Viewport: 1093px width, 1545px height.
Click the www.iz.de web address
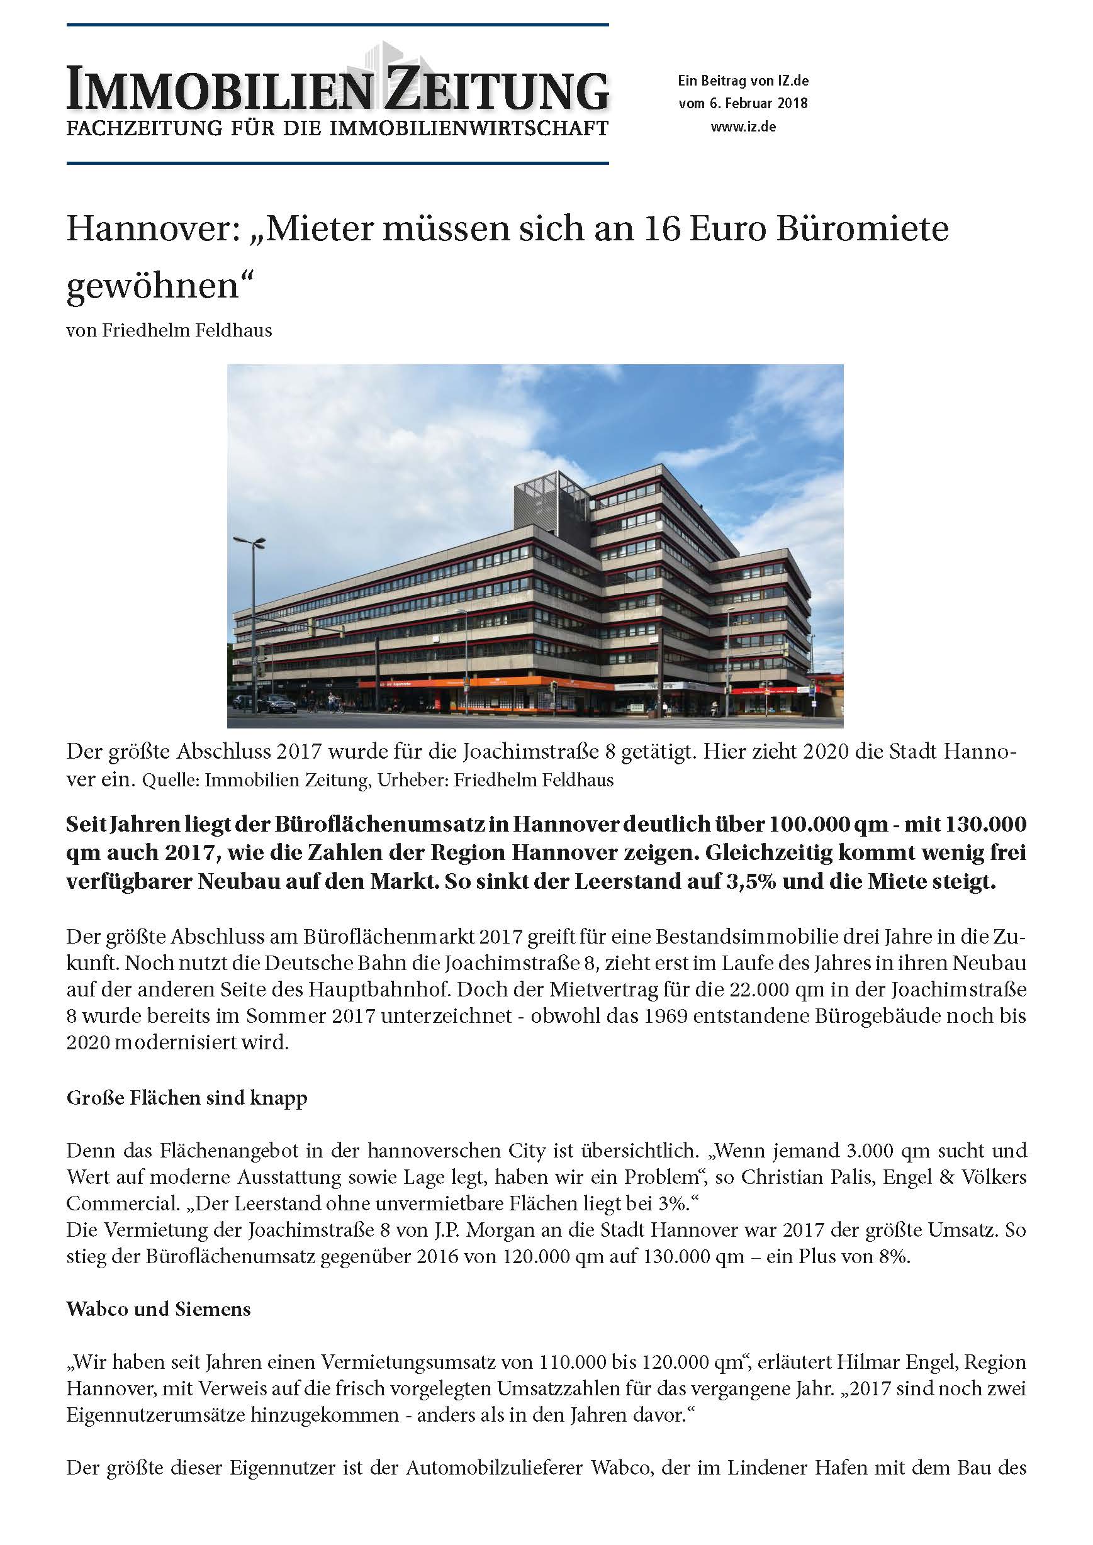[x=743, y=126]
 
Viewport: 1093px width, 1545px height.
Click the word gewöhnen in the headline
[x=153, y=287]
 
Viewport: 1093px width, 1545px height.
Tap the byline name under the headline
[x=187, y=330]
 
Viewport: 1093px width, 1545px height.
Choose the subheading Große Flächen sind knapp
[x=186, y=1098]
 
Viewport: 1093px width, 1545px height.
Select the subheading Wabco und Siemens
[x=158, y=1309]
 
